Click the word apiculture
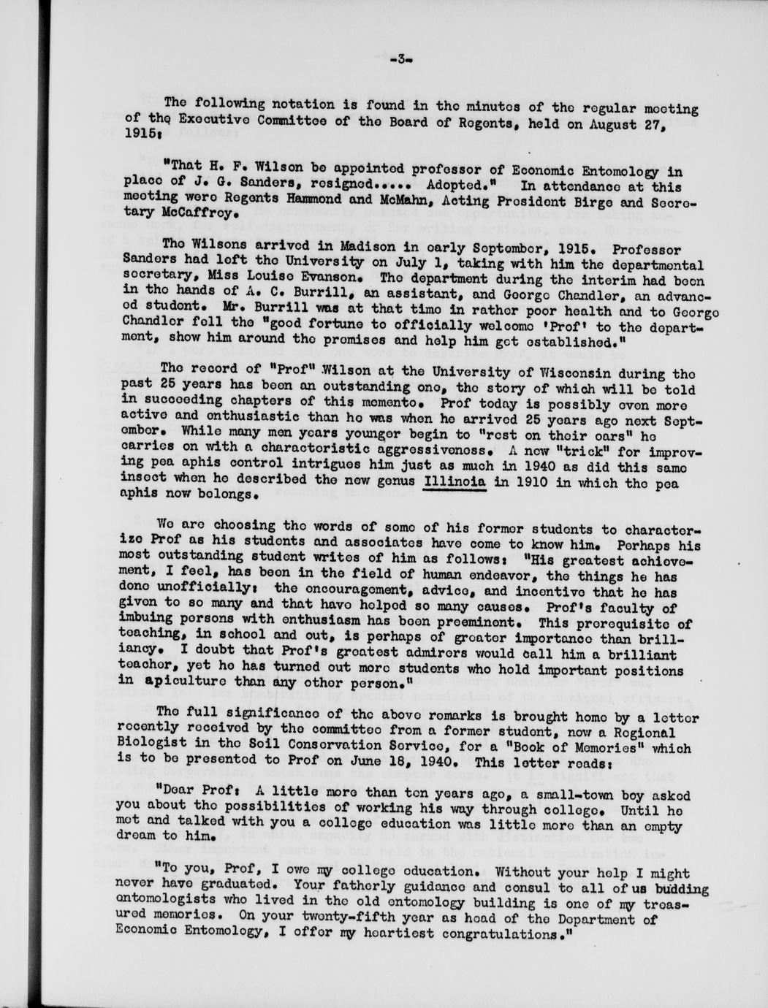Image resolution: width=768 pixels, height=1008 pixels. tap(189, 684)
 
